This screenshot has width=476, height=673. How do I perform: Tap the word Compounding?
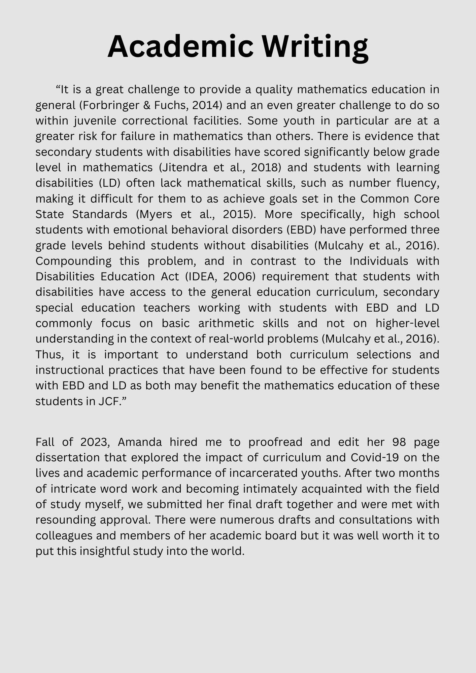tap(73, 261)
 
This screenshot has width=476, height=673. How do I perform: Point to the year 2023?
tap(95, 442)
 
